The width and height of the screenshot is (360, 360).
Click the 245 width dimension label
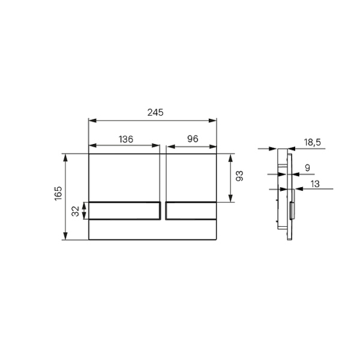click(x=155, y=113)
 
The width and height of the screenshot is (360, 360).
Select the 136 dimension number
click(x=126, y=139)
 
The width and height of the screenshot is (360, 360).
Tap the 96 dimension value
click(x=193, y=139)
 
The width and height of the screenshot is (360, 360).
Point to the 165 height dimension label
click(x=58, y=193)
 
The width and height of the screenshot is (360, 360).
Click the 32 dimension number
click(x=76, y=211)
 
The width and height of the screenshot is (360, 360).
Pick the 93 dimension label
click(x=239, y=176)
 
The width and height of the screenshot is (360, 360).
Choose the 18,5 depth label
click(x=312, y=142)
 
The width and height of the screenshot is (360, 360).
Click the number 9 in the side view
click(x=307, y=168)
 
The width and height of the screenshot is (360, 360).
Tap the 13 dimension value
click(x=315, y=184)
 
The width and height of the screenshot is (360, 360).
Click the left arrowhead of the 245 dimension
click(x=92, y=121)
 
